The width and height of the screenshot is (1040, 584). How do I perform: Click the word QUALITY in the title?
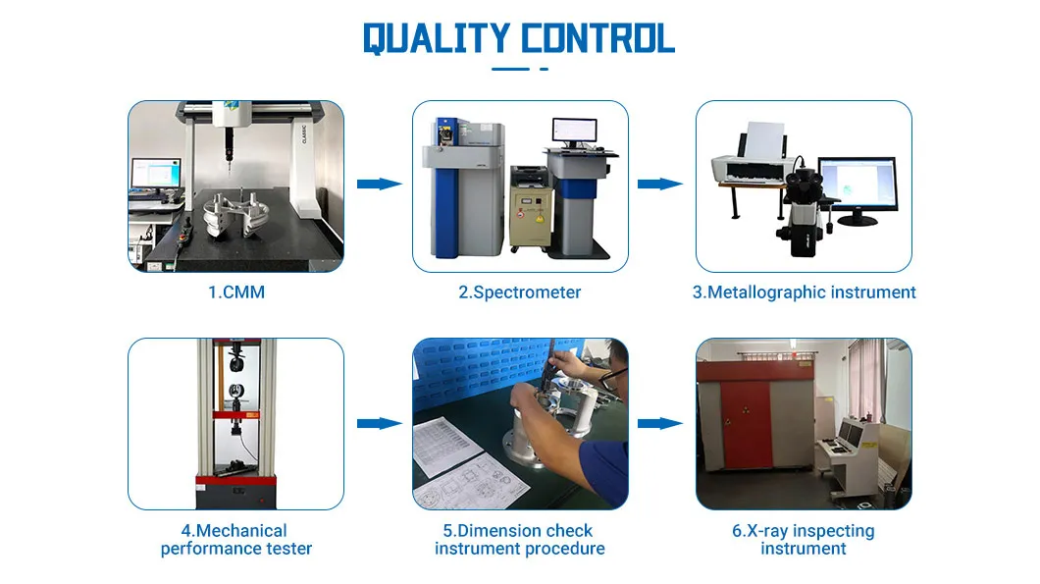[436, 38]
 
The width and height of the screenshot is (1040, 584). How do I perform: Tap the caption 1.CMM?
[236, 292]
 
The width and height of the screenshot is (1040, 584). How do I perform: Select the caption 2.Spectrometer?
[519, 292]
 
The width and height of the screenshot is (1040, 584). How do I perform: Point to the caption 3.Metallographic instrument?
[804, 292]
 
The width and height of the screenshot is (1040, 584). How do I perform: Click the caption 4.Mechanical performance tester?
[236, 540]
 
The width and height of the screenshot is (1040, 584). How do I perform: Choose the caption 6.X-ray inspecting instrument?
[804, 540]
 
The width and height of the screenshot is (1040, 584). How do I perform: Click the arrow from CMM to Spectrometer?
[380, 184]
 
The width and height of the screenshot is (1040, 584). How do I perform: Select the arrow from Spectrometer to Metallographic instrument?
[660, 184]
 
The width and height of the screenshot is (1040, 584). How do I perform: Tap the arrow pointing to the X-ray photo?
[660, 423]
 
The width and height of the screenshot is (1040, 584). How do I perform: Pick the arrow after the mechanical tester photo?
[380, 423]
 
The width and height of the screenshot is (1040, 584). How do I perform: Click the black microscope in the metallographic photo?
[803, 211]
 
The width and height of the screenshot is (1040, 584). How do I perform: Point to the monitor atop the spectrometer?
[574, 133]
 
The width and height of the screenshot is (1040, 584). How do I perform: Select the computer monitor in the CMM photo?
[157, 174]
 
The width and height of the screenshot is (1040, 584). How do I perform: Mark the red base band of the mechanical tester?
[236, 480]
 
